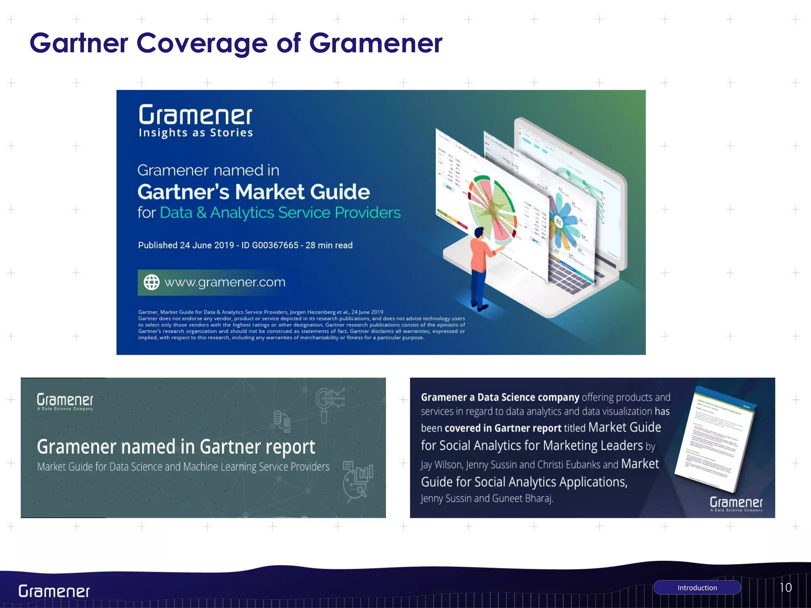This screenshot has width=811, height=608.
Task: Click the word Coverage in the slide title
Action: point(202,44)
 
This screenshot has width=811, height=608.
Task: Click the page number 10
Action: point(786,587)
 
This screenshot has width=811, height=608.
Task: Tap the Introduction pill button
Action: point(697,588)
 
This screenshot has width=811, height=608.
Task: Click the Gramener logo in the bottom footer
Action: point(54,591)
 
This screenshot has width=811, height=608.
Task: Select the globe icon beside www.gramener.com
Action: point(151,282)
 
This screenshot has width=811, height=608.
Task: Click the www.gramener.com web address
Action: point(225,282)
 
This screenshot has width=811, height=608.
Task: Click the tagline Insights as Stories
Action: point(196,133)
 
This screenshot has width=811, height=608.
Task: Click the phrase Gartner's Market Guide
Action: point(253,192)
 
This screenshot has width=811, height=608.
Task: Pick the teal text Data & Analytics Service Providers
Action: point(280,213)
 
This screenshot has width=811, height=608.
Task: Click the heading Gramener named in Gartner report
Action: point(176,447)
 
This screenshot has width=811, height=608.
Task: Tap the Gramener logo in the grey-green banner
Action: point(65,401)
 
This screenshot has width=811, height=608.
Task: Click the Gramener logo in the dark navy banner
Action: point(736,503)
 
